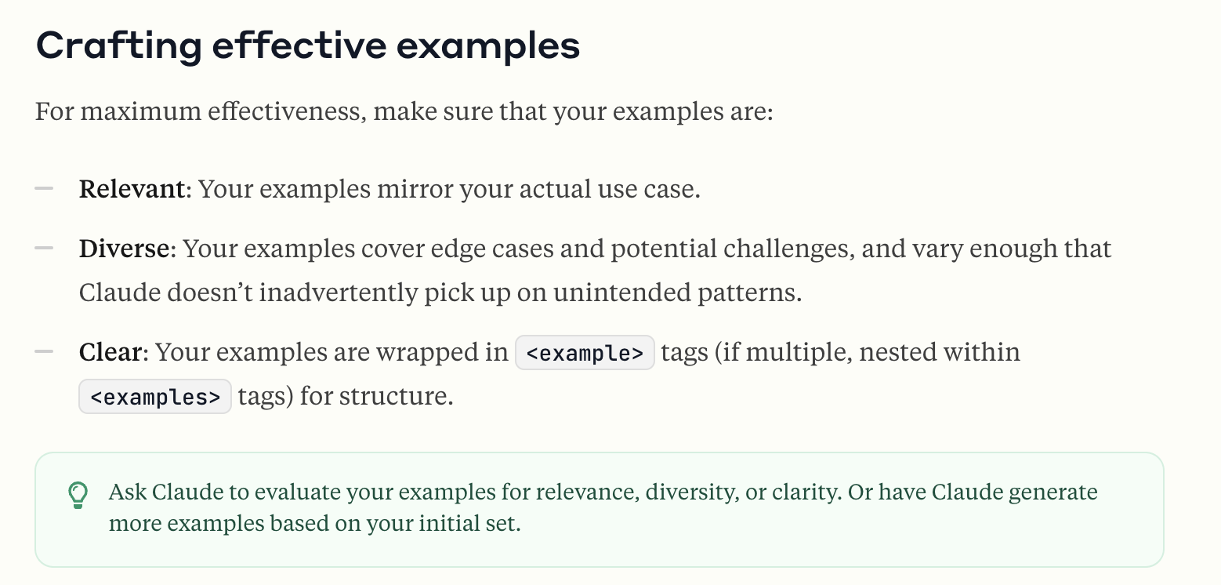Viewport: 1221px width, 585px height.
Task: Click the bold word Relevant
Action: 132,189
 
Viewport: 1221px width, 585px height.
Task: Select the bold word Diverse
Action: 125,249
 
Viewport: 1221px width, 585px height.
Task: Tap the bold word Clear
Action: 111,352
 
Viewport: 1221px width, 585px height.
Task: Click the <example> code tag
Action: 585,353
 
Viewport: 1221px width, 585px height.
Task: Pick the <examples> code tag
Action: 155,396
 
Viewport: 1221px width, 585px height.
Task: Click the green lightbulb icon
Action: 78,495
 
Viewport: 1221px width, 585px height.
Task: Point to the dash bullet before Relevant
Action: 44,189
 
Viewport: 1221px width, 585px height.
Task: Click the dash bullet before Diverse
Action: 44,248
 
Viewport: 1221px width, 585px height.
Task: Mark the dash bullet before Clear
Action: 44,351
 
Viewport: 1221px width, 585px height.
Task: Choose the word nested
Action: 898,352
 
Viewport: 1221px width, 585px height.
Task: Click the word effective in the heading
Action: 299,45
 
